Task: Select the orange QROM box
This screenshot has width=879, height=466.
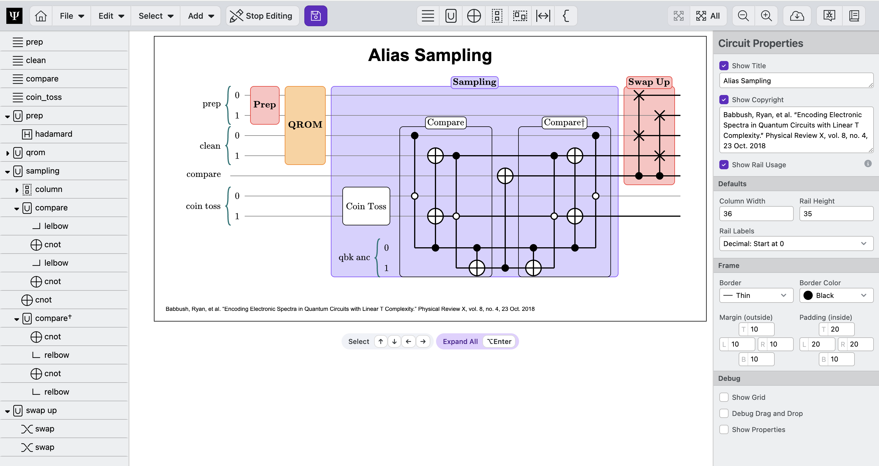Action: click(x=305, y=125)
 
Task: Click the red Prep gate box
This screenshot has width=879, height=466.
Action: click(x=265, y=105)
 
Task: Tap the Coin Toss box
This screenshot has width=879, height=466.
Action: click(x=366, y=206)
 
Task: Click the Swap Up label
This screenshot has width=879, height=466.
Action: click(x=649, y=82)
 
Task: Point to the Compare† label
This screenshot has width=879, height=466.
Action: click(x=564, y=122)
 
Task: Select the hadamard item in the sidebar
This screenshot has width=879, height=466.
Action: click(x=54, y=134)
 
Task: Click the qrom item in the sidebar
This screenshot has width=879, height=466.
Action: click(x=35, y=152)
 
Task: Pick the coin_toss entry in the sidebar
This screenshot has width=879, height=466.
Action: click(x=44, y=97)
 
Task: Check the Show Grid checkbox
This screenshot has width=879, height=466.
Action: click(x=724, y=397)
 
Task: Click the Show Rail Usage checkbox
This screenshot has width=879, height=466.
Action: click(x=724, y=165)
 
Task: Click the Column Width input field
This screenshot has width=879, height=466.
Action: click(x=756, y=214)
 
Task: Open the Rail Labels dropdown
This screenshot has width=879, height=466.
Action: click(x=796, y=244)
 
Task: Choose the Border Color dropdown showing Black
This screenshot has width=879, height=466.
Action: click(x=836, y=296)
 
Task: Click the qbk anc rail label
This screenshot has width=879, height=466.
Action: click(x=354, y=257)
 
